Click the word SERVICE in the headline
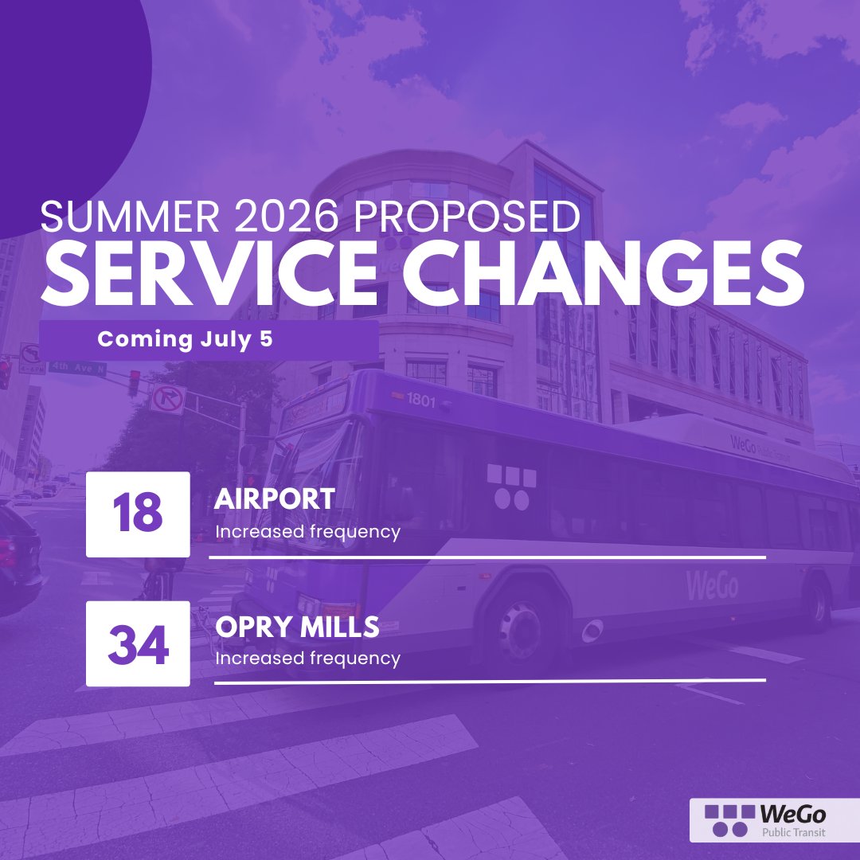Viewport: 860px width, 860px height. coord(210,274)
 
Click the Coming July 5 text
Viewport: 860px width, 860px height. coord(185,340)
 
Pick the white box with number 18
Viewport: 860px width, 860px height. coord(138,514)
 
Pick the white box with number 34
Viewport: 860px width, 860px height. coord(138,643)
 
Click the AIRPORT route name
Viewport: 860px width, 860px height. coord(275,499)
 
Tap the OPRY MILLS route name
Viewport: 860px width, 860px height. coord(297,627)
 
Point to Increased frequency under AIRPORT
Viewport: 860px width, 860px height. coord(307,531)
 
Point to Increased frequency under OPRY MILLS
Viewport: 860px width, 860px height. coord(307,659)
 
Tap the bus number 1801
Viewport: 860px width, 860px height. coord(421,401)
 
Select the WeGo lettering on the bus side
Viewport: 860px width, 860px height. coord(712,585)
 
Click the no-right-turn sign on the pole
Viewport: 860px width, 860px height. coord(168,398)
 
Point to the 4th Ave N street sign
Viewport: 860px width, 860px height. coord(76,367)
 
